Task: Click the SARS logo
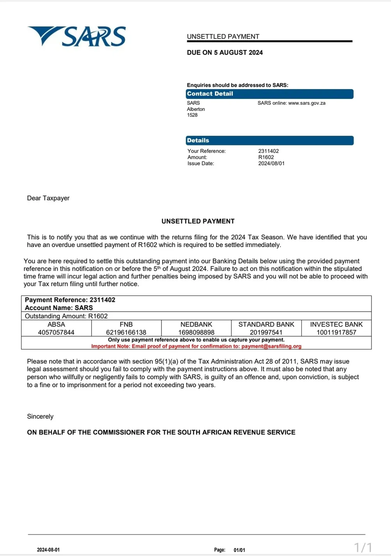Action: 77,36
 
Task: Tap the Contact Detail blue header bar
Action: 269,94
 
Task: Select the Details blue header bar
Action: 269,140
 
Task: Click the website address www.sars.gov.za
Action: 307,103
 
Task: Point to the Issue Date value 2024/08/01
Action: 271,163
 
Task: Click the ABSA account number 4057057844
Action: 56,332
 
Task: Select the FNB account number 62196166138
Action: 126,332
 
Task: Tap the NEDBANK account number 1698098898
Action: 196,332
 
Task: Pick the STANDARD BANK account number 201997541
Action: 266,332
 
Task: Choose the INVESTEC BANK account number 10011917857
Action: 336,332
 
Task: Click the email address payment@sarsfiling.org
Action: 271,346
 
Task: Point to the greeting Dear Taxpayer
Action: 48,198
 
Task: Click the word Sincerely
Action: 40,416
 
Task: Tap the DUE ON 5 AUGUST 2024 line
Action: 225,52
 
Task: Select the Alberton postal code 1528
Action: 192,115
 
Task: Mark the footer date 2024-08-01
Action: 48,550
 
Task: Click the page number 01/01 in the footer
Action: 239,550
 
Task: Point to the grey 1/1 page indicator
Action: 363,547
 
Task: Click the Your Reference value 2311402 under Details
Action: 268,151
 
